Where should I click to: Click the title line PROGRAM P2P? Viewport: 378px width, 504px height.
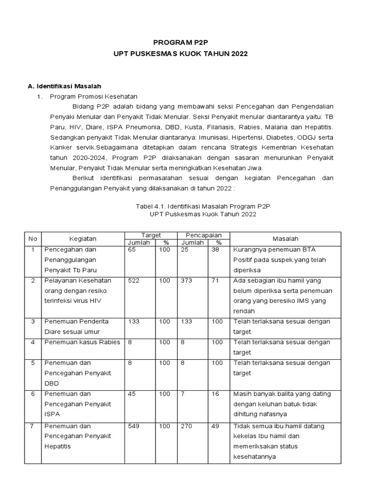189,43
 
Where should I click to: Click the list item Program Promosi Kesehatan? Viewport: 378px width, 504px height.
94,96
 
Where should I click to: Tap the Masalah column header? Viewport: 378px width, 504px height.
285,239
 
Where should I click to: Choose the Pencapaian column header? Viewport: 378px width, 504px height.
203,235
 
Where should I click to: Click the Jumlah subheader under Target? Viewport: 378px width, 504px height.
139,242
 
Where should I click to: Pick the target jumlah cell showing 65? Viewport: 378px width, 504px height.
132,250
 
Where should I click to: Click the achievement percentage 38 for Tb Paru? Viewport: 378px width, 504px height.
215,250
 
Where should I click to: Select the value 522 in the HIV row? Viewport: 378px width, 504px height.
134,280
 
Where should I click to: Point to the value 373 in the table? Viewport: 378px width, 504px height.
187,280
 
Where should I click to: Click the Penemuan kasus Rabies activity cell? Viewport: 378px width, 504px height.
82,342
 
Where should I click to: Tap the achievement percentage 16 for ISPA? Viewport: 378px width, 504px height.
215,394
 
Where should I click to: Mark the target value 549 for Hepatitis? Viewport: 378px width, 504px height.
134,426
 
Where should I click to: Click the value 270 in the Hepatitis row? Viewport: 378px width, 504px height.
187,426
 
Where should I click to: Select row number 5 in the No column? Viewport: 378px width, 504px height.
33,363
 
